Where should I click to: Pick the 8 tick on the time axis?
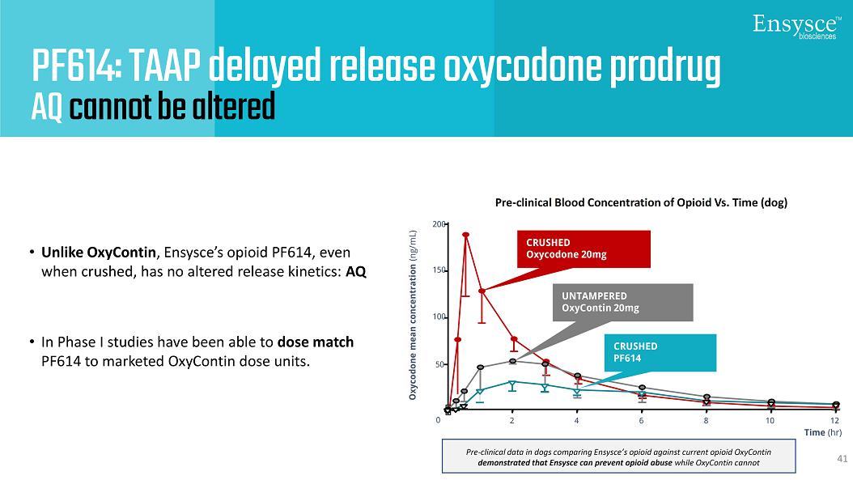[706, 421]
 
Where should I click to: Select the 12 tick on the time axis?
[834, 421]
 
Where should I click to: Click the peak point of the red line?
[466, 235]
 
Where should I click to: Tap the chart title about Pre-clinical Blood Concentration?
[640, 203]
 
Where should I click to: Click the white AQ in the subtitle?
[46, 107]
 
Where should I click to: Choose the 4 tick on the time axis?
[577, 421]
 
